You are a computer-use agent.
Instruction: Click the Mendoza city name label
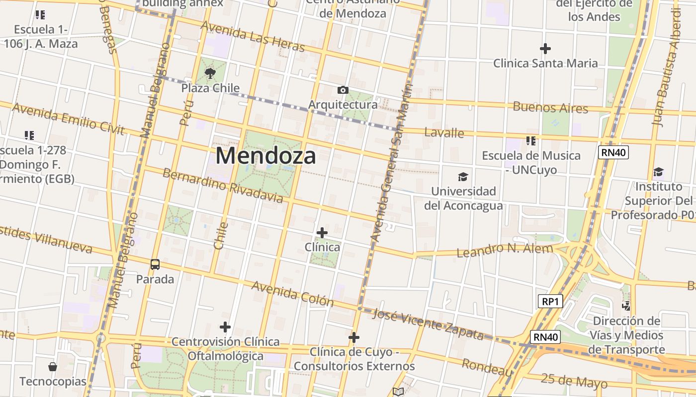(x=266, y=156)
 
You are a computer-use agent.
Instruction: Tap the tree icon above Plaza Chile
(x=210, y=74)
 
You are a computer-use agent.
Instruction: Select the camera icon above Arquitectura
(x=343, y=90)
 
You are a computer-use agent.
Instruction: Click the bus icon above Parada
(x=155, y=265)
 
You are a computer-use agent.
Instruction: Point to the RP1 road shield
(x=550, y=301)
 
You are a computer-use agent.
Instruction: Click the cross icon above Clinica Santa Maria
(x=545, y=49)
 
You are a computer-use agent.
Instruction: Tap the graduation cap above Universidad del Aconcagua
(x=463, y=177)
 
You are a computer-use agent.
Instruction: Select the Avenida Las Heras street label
(x=252, y=37)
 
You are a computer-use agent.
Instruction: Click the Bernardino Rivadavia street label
(x=223, y=186)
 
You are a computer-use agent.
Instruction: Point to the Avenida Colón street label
(x=292, y=293)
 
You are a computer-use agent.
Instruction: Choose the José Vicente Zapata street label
(x=428, y=325)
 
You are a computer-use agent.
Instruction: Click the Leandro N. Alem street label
(x=505, y=250)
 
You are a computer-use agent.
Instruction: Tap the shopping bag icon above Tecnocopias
(x=53, y=367)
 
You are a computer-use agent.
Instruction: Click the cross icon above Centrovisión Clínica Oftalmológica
(x=225, y=327)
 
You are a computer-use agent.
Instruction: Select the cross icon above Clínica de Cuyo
(x=354, y=337)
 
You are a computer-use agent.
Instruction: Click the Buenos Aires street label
(x=550, y=107)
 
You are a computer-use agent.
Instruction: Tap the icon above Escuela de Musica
(x=531, y=141)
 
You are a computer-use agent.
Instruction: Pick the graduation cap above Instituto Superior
(x=658, y=172)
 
